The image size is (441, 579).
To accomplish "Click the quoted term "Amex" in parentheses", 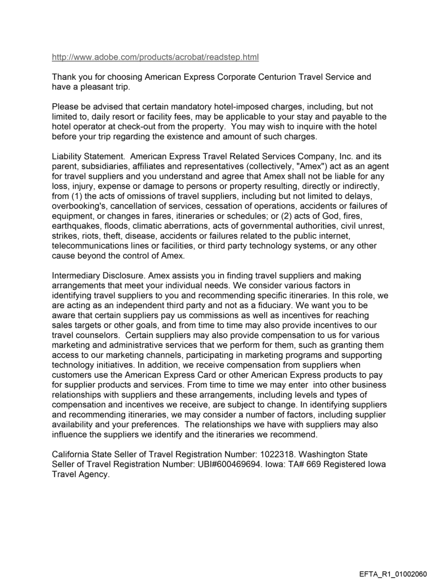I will [295, 167].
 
